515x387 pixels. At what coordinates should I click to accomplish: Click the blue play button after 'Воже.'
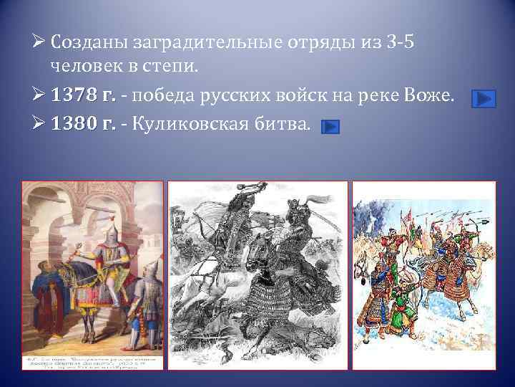(484, 98)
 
